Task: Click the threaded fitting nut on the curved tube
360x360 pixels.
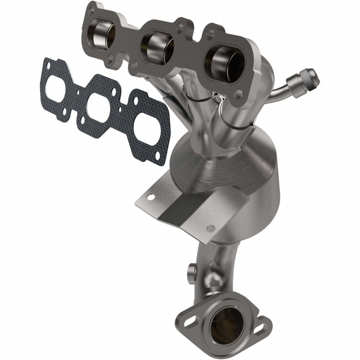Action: tap(303, 80)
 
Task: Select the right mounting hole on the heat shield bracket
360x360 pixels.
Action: tap(210, 229)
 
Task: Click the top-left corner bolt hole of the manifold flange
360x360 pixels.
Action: tap(91, 11)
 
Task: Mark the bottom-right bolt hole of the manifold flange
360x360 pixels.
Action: tap(239, 94)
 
